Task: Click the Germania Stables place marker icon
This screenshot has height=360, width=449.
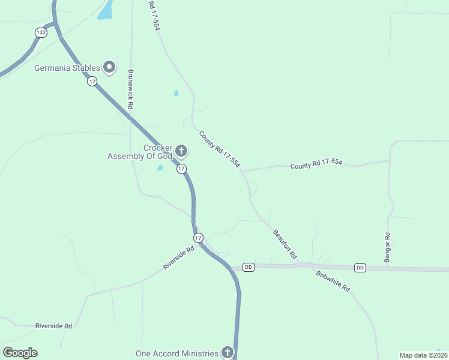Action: [x=109, y=68]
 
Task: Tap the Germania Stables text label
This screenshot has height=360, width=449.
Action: [x=67, y=68]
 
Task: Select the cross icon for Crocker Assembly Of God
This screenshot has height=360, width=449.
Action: [x=181, y=150]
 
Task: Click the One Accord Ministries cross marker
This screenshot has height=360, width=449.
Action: [x=228, y=353]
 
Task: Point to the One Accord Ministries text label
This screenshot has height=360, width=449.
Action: [x=177, y=353]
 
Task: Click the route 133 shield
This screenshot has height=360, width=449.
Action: [x=40, y=32]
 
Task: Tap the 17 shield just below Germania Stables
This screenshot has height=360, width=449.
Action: [x=91, y=82]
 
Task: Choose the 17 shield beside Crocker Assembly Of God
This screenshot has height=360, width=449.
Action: [x=181, y=169]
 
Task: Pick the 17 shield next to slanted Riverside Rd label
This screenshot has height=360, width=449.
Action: [x=199, y=238]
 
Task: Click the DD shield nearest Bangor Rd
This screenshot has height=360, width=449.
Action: [x=360, y=268]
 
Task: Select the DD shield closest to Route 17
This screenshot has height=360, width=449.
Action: [x=249, y=266]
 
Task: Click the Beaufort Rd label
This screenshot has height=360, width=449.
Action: [x=285, y=244]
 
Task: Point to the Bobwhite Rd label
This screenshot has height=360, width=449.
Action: [x=333, y=281]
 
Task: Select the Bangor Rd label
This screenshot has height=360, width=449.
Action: [x=387, y=247]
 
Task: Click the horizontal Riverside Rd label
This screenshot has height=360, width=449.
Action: [x=53, y=326]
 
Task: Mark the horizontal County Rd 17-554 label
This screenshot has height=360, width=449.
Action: [x=316, y=164]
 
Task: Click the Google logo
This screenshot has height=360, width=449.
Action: [x=20, y=353]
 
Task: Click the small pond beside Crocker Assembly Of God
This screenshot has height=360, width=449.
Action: [x=160, y=168]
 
